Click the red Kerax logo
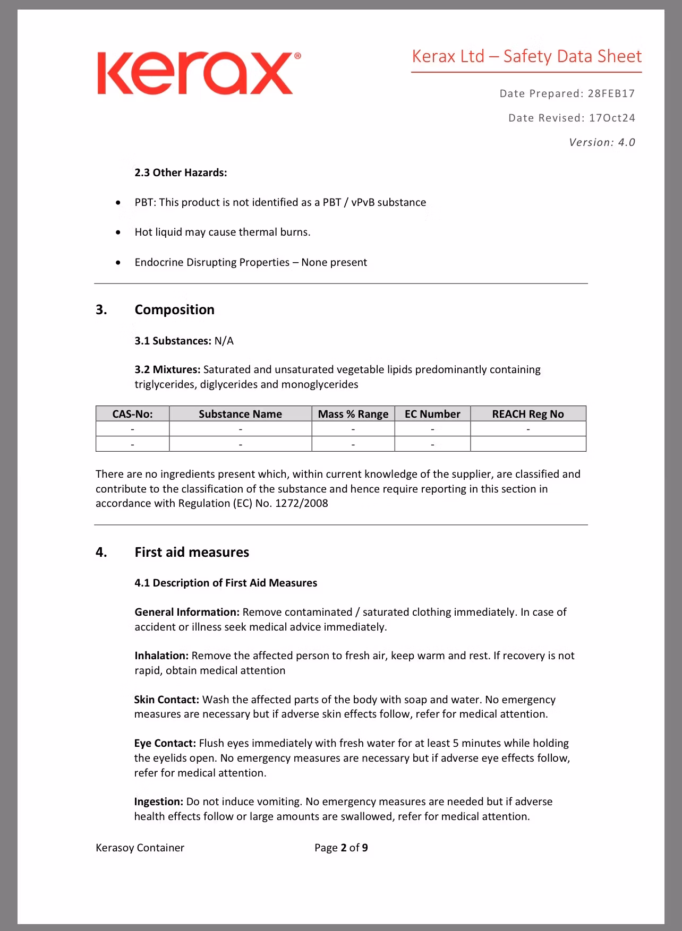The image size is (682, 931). [198, 73]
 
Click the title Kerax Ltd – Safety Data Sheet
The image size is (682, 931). [526, 56]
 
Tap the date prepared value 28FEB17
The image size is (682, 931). [611, 94]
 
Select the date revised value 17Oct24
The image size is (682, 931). [611, 118]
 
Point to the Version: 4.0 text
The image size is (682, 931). [602, 142]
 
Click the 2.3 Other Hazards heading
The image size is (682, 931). [181, 173]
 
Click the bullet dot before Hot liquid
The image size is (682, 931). [118, 232]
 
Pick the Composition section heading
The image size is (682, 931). [174, 309]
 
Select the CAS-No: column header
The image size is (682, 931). [132, 414]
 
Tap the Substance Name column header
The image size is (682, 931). [240, 414]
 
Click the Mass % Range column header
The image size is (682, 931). [353, 414]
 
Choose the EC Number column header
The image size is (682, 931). [432, 414]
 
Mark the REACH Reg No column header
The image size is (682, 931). [527, 414]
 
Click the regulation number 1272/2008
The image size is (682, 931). [301, 503]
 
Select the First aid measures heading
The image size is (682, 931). [192, 552]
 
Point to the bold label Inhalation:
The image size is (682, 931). [161, 656]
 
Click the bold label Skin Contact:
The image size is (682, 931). [166, 700]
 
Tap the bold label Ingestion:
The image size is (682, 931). [159, 801]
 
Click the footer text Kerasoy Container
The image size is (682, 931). [140, 848]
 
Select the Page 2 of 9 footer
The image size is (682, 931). [341, 848]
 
